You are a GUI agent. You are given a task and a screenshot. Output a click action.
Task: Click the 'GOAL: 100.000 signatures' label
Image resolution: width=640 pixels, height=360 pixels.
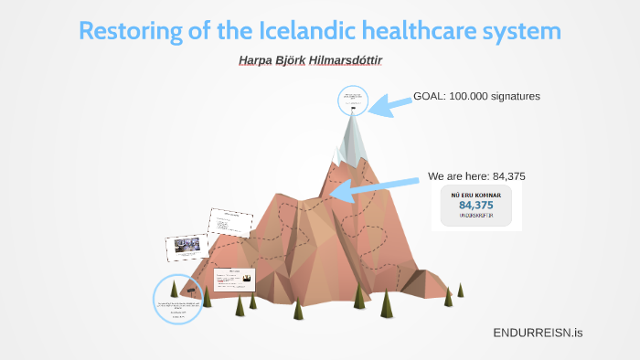tap(477, 96)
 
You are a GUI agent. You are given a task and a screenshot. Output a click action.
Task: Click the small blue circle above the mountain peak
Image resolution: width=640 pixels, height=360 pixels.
tap(352, 100)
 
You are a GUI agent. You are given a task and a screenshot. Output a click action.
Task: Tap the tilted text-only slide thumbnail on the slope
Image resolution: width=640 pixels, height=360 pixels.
tap(230, 223)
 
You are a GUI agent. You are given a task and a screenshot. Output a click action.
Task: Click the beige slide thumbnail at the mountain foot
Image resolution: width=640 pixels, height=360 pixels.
tap(234, 279)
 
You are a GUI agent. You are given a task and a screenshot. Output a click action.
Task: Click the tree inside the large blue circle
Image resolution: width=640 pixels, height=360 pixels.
tap(174, 288)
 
